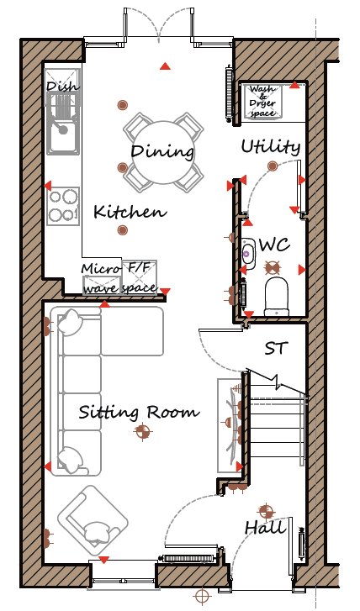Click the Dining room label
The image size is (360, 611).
[162, 150]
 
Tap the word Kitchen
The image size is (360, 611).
[130, 212]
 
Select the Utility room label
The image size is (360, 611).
[271, 147]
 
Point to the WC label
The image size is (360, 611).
[274, 245]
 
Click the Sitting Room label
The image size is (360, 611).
[140, 413]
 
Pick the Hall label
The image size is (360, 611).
[265, 529]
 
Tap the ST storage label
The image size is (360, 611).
[277, 348]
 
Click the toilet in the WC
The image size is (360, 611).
[277, 297]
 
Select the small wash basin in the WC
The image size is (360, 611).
[248, 254]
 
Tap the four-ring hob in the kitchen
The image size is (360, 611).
[63, 206]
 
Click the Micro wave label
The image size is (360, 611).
[101, 279]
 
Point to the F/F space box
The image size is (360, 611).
[139, 277]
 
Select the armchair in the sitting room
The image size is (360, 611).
[93, 520]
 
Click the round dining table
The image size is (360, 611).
[163, 151]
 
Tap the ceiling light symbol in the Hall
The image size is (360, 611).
[266, 511]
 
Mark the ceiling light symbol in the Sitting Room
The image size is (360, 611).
[142, 431]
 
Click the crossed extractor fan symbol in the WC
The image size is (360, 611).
[273, 267]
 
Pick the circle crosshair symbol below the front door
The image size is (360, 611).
[202, 596]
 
